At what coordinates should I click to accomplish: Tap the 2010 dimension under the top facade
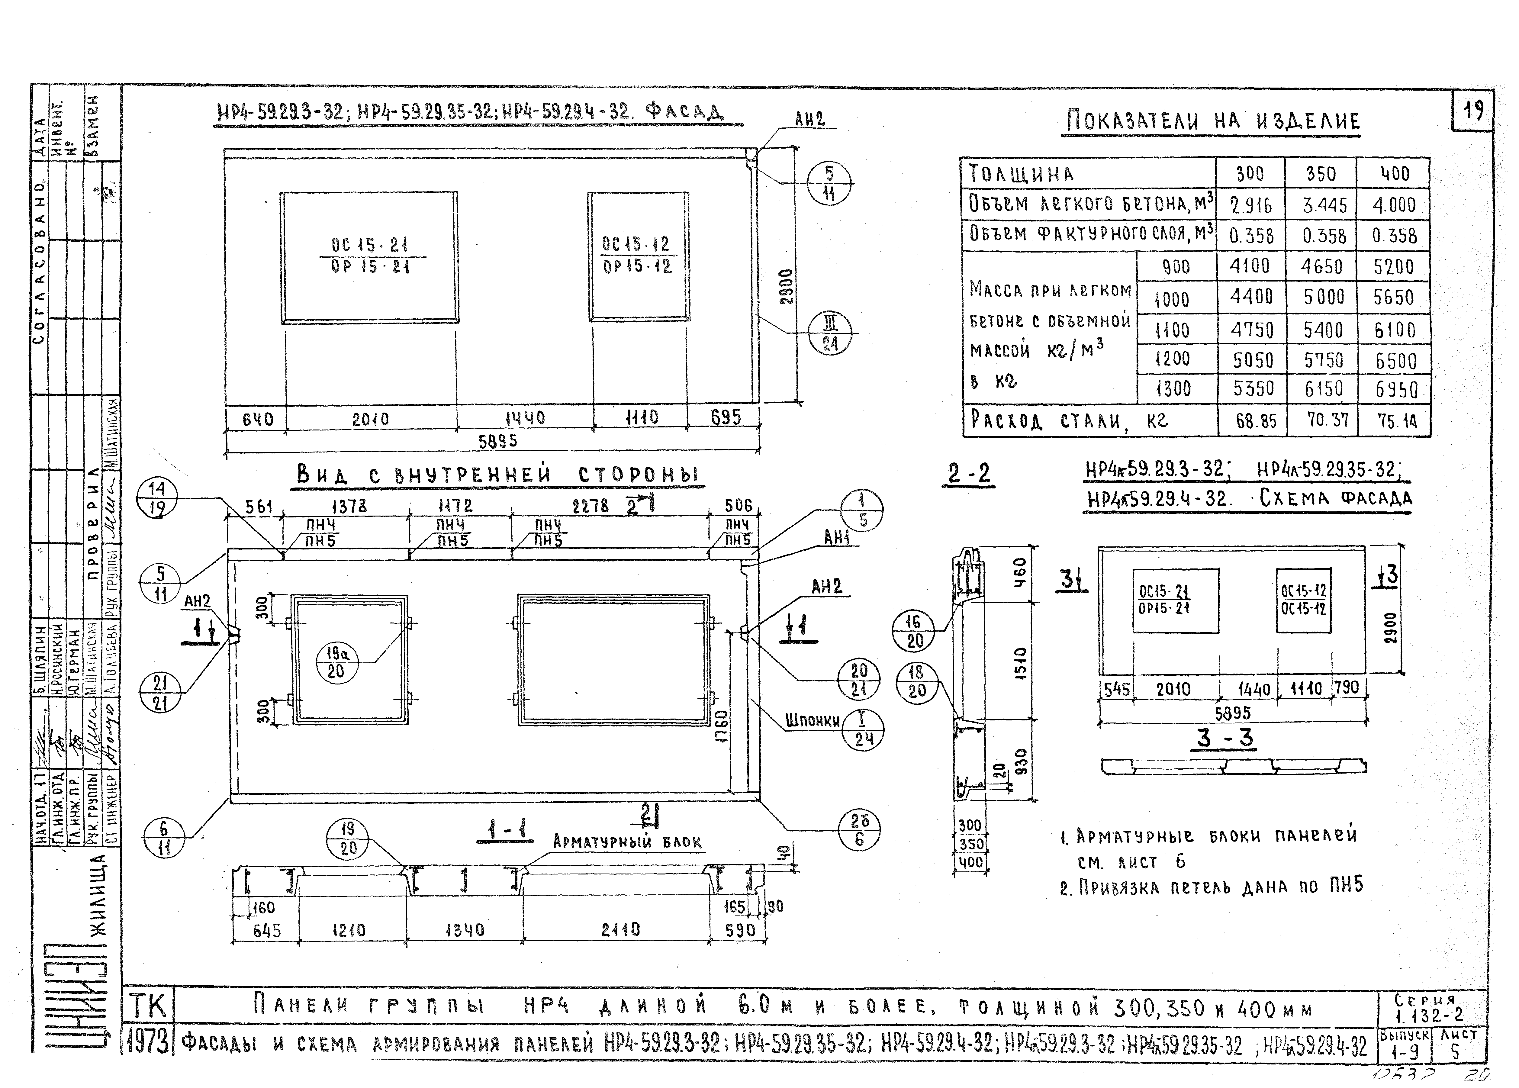coord(370,419)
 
